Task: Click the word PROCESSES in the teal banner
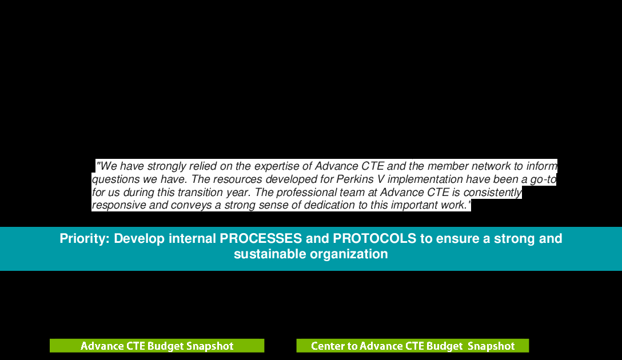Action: pyautogui.click(x=261, y=239)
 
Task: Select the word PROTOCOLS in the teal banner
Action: pyautogui.click(x=374, y=239)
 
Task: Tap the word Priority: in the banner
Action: pyautogui.click(x=85, y=239)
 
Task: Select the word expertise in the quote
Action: pyautogui.click(x=277, y=166)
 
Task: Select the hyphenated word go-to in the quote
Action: pyautogui.click(x=544, y=179)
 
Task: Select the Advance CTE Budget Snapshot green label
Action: pyautogui.click(x=157, y=346)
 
